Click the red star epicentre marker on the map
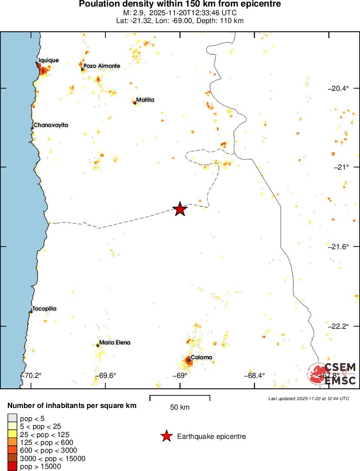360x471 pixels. pos(180,209)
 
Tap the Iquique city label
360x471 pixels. pos(48,60)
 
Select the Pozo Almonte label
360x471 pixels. pos(101,66)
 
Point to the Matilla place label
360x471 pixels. pos(145,100)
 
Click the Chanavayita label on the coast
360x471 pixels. pos(50,125)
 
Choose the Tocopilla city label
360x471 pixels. pos(44,309)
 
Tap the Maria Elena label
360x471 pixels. pos(114,343)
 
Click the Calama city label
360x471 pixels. pos(201,357)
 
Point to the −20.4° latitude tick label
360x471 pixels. pos(338,88)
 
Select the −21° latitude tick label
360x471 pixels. pos(341,167)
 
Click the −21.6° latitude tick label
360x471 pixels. pos(338,247)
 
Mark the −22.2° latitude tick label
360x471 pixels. pos(338,326)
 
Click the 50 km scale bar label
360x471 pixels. pos(180,408)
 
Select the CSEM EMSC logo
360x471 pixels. pos(332,374)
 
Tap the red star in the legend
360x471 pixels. pos(166,436)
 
